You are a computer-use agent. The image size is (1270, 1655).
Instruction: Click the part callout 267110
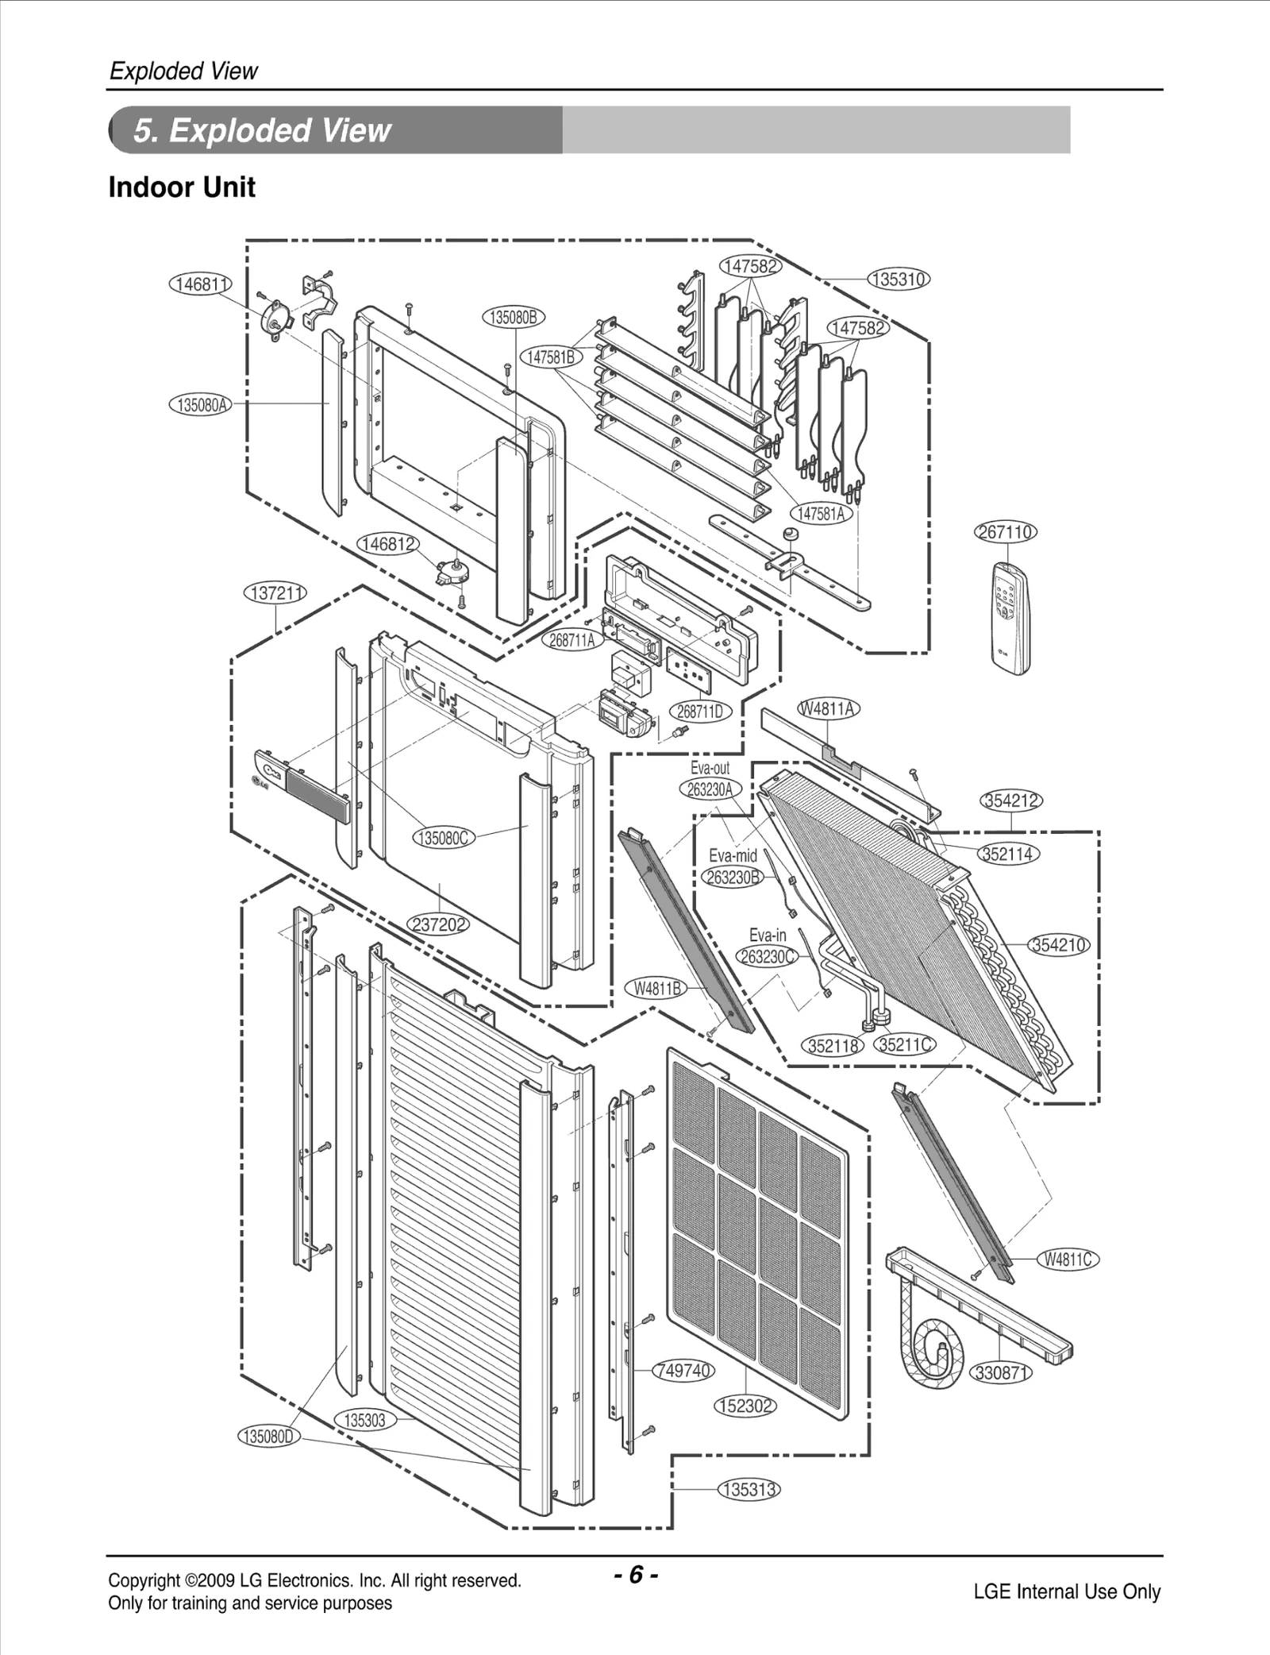(1005, 532)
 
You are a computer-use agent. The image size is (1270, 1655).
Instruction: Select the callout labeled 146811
(200, 284)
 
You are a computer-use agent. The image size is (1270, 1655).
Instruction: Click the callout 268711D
(699, 712)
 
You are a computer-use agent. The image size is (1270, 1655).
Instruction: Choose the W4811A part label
(829, 709)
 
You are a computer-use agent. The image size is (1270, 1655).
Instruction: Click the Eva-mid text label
(733, 856)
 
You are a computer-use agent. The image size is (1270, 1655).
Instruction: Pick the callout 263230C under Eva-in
(767, 956)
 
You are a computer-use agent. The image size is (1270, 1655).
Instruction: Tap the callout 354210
(1059, 945)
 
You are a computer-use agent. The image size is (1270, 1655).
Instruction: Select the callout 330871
(1001, 1373)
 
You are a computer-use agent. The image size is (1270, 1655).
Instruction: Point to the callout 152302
(745, 1406)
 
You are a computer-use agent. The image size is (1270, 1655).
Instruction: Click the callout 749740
(683, 1371)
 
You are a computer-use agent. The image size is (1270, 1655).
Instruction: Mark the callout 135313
(749, 1489)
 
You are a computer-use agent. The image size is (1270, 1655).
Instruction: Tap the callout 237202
(438, 924)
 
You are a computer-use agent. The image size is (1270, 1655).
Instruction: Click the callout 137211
(275, 593)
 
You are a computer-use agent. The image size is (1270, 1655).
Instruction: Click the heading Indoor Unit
(182, 188)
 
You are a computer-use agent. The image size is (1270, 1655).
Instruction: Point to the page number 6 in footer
(635, 1574)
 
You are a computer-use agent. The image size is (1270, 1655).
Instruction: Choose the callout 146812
(388, 544)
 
